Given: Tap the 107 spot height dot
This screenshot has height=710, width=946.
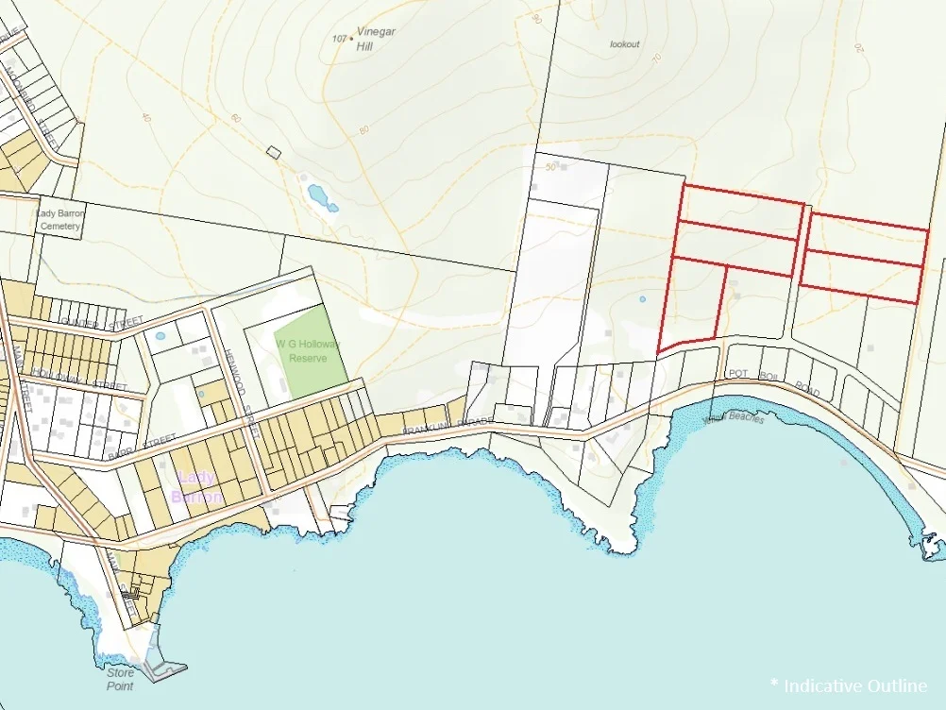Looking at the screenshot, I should (352, 39).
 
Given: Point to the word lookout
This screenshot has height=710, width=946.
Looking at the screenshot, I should (624, 44).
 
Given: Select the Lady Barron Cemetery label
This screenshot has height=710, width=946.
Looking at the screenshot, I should (60, 220).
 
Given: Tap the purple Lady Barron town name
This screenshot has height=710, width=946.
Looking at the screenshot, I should (196, 486).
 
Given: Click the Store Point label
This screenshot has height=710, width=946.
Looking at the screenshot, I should (120, 679).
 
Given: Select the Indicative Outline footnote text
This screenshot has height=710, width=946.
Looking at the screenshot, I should (849, 685).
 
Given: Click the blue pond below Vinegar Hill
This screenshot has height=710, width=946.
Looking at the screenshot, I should (321, 197).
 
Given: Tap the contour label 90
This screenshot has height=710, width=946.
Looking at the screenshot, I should (537, 18).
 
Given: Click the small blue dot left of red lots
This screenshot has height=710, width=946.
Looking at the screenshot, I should (642, 299).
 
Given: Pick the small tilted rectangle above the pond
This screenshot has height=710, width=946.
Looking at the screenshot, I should (275, 151).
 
